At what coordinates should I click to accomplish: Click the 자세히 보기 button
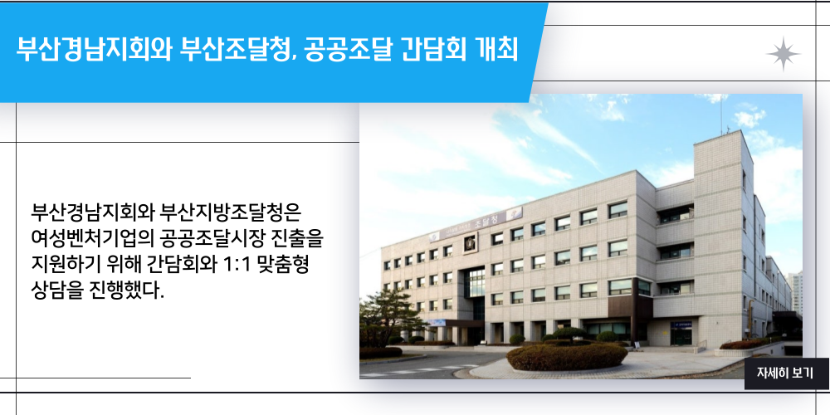(x=786, y=373)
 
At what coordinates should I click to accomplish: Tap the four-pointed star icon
(x=784, y=54)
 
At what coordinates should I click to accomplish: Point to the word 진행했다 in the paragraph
(x=124, y=290)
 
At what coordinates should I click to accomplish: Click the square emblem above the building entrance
(x=470, y=243)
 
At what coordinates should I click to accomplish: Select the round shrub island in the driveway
(x=566, y=356)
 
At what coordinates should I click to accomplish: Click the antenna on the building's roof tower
(x=721, y=114)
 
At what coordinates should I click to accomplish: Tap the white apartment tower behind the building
(x=794, y=292)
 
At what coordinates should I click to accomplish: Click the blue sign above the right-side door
(x=681, y=325)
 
